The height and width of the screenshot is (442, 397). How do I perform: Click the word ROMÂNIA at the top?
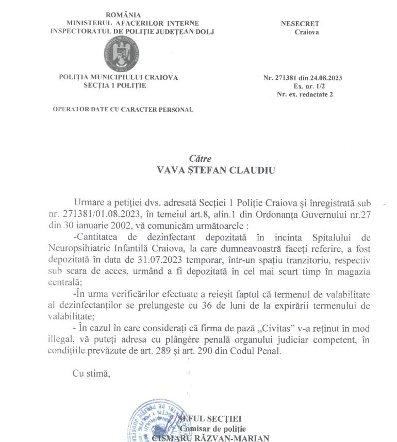pos(123,14)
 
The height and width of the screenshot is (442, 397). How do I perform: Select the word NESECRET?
pos(300,24)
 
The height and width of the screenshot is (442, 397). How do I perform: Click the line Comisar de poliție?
pos(213,429)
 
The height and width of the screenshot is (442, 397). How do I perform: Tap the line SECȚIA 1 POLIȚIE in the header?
pos(114,85)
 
